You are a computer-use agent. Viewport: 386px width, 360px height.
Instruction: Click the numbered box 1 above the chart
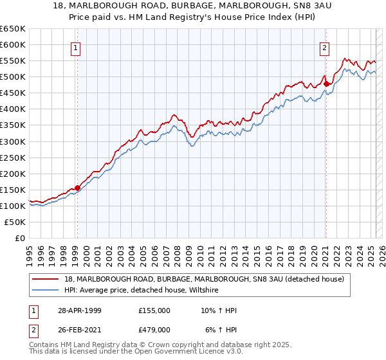[76, 48]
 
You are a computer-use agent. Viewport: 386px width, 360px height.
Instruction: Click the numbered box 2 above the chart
[325, 48]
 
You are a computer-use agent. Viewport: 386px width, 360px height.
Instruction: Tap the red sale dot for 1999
[78, 188]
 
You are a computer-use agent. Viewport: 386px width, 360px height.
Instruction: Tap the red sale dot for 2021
[326, 83]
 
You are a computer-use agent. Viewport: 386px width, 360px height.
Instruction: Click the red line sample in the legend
[46, 280]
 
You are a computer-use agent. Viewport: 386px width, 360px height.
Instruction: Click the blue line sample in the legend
[46, 291]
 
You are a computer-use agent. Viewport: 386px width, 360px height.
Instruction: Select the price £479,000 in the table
[154, 329]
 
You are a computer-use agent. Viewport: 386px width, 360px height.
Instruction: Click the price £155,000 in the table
[154, 310]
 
